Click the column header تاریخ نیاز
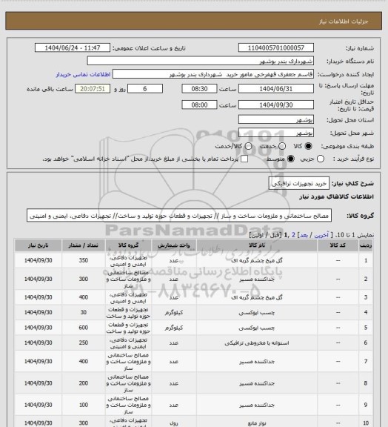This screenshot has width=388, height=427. (x=35, y=245)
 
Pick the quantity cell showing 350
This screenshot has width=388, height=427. (x=82, y=261)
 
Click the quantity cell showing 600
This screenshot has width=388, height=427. (x=82, y=327)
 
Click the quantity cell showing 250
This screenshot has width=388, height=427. (x=82, y=343)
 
